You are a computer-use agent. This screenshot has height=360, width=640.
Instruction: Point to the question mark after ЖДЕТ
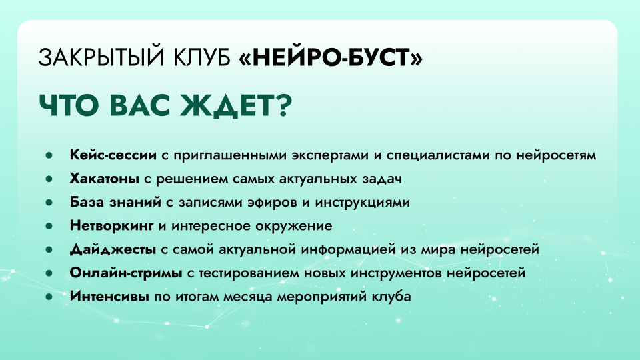tap(279, 105)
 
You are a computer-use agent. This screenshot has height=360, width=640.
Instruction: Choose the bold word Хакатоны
tap(105, 179)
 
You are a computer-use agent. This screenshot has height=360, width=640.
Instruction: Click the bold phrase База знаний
tap(113, 202)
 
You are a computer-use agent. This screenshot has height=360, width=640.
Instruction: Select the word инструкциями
tap(370, 202)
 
